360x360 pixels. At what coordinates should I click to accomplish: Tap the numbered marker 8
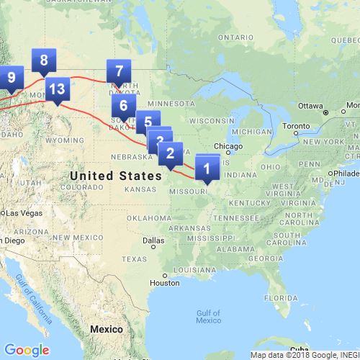point(44,61)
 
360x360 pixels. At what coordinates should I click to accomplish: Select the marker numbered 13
point(58,90)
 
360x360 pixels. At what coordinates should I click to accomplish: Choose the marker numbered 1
point(207,170)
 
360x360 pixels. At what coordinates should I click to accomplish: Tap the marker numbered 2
point(170,153)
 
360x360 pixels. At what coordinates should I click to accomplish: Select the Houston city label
point(164,283)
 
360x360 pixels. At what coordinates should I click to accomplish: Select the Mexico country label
point(107,328)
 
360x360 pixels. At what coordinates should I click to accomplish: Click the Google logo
point(27,350)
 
